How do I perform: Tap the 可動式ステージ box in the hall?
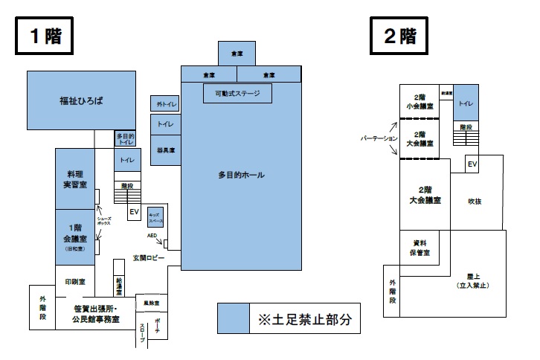point(237,94)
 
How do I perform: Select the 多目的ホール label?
point(241,176)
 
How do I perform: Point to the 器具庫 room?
point(165,151)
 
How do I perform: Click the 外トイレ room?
point(165,104)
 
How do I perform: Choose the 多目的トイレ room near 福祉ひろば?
point(124,138)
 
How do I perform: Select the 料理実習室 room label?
point(75,179)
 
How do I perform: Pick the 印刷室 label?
point(75,282)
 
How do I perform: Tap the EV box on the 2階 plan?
point(472,164)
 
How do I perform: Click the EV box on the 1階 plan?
point(134,213)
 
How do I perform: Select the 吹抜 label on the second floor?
point(475,201)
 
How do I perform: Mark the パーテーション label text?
point(374,139)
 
